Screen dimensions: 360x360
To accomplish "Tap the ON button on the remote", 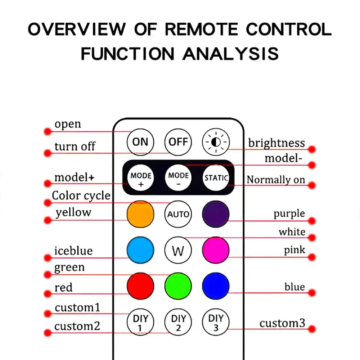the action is pos(140,142).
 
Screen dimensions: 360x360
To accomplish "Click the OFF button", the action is pos(178,142).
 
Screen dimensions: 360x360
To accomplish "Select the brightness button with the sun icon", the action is pos(216,142).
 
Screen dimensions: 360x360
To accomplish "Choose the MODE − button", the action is pos(178,178).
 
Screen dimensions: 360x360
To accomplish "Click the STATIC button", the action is pos(216,178).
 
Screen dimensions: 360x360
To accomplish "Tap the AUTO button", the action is pos(178,214).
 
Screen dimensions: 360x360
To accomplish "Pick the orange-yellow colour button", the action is pos(140,214).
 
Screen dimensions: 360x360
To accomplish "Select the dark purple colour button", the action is pos(216,214).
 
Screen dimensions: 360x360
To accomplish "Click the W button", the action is pos(178,250).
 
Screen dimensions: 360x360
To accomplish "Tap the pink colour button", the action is pos(216,250).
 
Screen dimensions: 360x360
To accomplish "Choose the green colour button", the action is pos(178,286).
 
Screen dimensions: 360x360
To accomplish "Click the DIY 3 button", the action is pos(216,322).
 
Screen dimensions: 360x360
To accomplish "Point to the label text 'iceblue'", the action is pos(73,251).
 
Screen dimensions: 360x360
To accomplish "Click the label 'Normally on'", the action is pos(276,180).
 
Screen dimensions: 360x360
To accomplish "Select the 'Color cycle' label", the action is pos(81,196).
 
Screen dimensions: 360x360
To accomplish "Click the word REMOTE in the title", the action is pos(201,30).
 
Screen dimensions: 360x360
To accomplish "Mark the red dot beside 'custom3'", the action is pos(312,329).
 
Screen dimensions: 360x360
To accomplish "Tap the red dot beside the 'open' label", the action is pos(48,131).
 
